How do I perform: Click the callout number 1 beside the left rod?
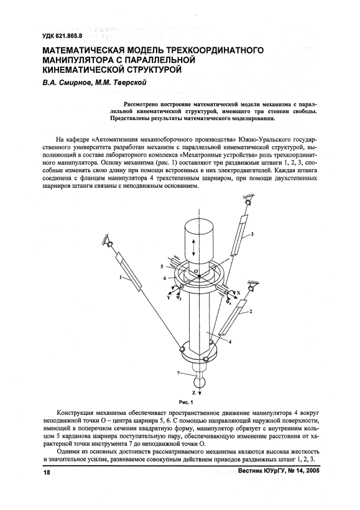[121, 277]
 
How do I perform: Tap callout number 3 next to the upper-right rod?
[252, 234]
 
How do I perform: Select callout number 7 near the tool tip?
[178, 373]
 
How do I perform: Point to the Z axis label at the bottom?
[194, 393]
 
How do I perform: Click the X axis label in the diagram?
[238, 292]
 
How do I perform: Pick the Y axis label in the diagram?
[169, 297]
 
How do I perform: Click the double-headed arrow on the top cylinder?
[194, 248]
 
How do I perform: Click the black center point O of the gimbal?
[199, 276]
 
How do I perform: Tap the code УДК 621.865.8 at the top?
[62, 37]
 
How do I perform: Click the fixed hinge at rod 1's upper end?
[110, 244]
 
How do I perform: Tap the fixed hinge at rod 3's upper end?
[248, 203]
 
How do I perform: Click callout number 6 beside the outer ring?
[165, 277]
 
